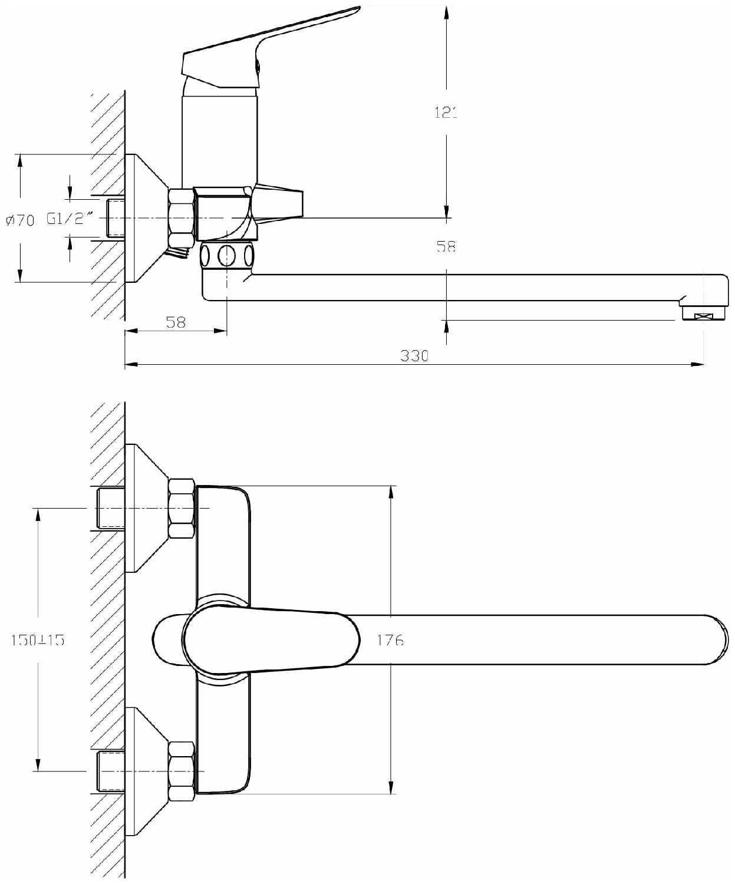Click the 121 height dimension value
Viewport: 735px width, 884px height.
pos(446,113)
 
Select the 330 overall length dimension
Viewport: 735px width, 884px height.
pos(414,355)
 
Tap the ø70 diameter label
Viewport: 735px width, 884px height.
pos(21,220)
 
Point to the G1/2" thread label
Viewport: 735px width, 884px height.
pos(70,219)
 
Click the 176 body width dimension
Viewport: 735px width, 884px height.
pos(390,639)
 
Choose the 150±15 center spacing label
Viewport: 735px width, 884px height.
pos(38,639)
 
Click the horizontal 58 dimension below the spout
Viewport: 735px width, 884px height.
pos(176,322)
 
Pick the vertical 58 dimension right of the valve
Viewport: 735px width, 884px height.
pos(446,246)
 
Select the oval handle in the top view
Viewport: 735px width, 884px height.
pos(271,641)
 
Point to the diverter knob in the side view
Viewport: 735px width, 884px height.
pos(279,203)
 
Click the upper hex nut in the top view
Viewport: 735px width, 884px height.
pos(182,509)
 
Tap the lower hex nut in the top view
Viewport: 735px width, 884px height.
pos(182,771)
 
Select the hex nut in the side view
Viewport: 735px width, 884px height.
pos(182,217)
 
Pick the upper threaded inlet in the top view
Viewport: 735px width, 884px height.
pos(111,509)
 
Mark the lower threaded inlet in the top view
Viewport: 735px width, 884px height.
pos(111,771)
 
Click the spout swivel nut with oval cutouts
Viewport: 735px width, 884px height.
pos(228,255)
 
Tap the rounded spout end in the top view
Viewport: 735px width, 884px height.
pos(716,639)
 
